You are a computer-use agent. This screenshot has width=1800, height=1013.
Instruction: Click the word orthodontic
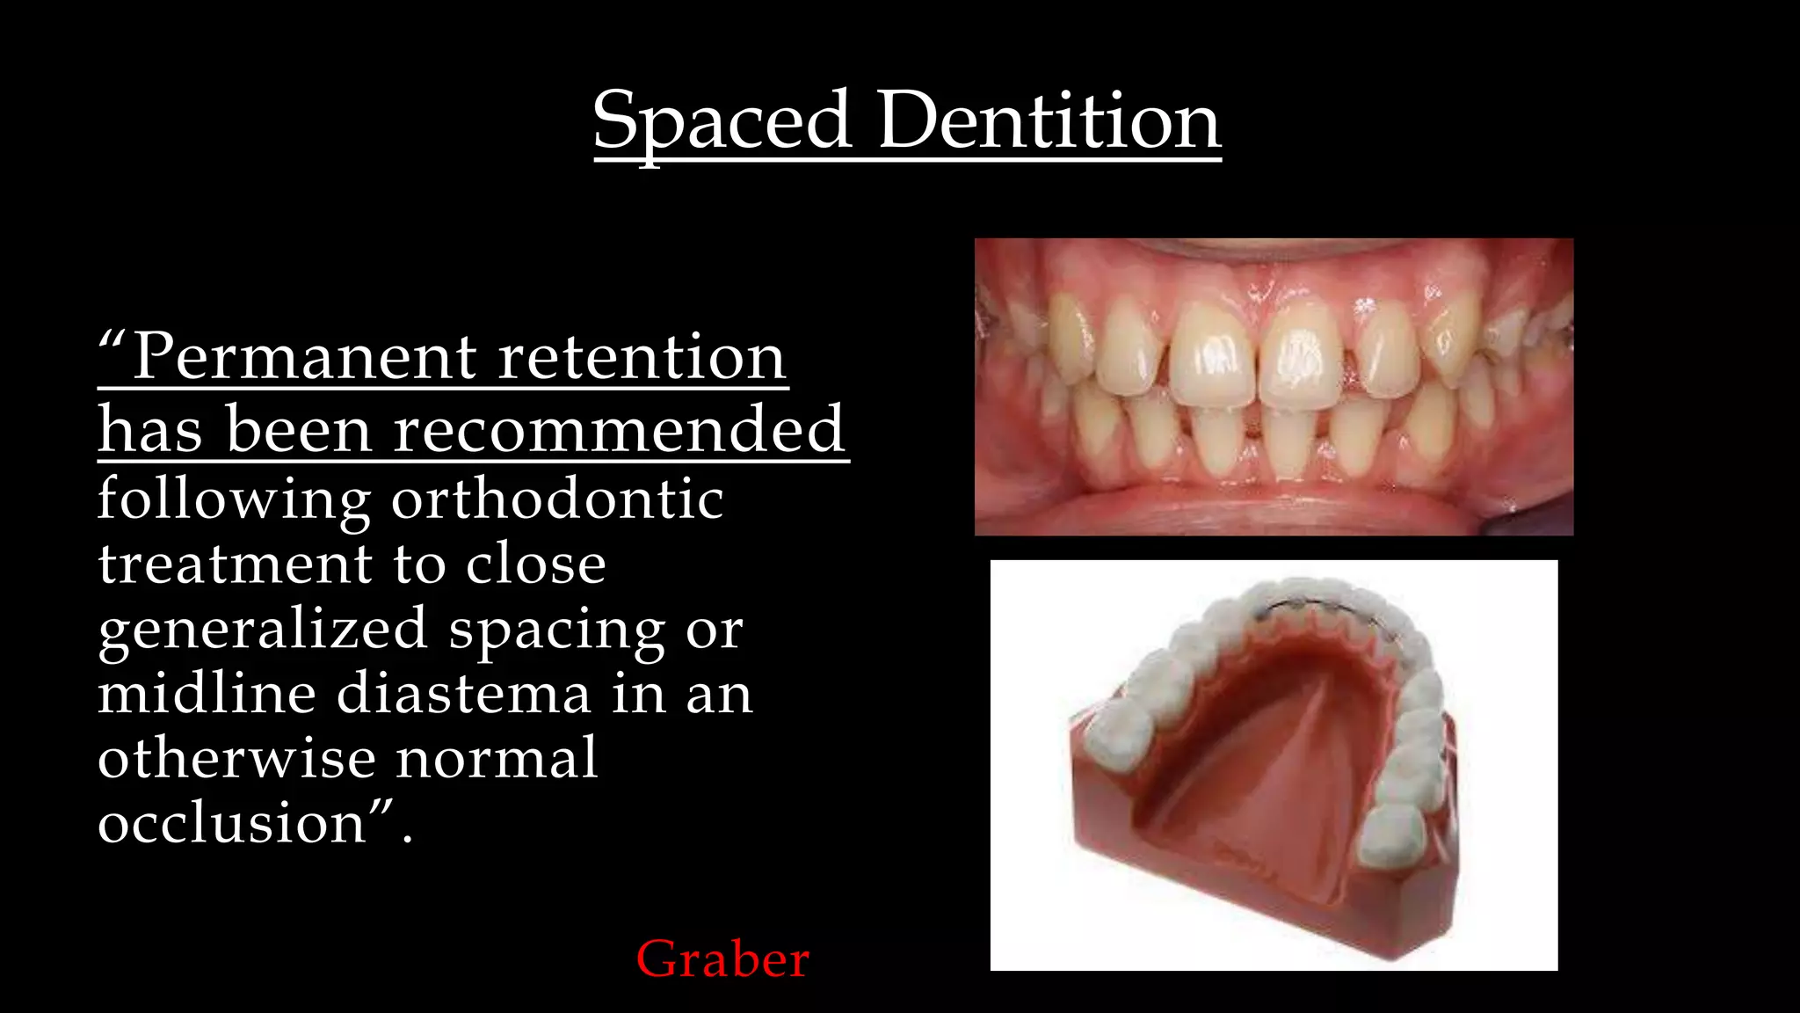[557, 499]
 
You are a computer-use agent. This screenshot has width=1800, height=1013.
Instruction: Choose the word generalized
[263, 630]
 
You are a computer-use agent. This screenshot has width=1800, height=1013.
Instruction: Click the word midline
[207, 694]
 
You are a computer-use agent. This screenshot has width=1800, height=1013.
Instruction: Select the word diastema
[464, 694]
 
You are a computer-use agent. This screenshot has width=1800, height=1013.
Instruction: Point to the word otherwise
[236, 758]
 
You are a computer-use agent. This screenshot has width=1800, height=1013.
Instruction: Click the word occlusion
[232, 823]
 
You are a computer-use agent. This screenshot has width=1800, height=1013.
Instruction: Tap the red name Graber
[722, 958]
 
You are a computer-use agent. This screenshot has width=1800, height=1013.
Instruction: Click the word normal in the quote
[497, 758]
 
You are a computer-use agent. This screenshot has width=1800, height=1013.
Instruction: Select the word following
[234, 499]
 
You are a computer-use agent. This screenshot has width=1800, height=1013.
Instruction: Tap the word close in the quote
[535, 564]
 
